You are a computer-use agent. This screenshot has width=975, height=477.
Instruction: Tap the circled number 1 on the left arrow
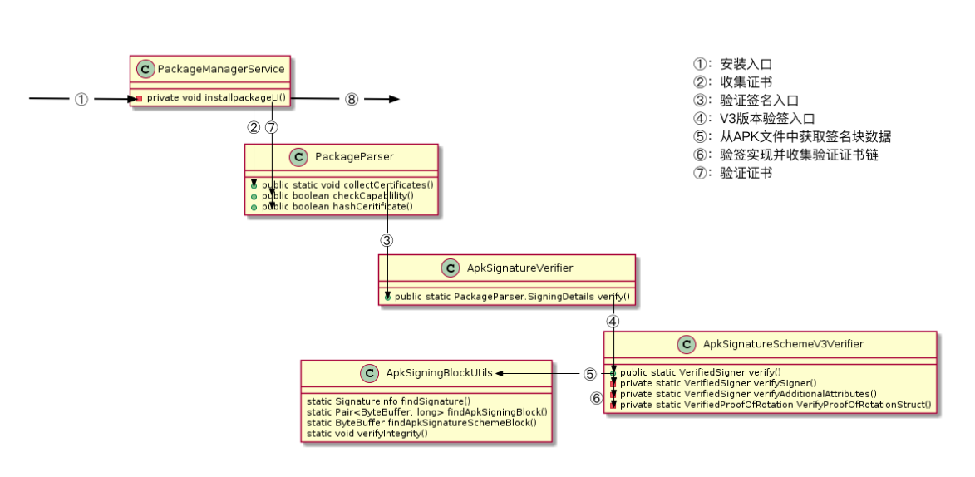click(x=81, y=99)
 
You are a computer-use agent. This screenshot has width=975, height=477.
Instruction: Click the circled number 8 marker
click(x=351, y=99)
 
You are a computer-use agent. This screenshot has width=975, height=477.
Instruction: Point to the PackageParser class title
click(x=356, y=156)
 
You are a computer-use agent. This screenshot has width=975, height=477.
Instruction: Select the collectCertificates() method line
click(x=348, y=184)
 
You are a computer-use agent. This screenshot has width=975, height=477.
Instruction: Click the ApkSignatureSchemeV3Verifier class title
click(x=783, y=344)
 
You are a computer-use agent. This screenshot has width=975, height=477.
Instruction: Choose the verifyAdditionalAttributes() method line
click(x=749, y=394)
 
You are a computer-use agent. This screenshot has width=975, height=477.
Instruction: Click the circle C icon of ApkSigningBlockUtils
click(x=371, y=374)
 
